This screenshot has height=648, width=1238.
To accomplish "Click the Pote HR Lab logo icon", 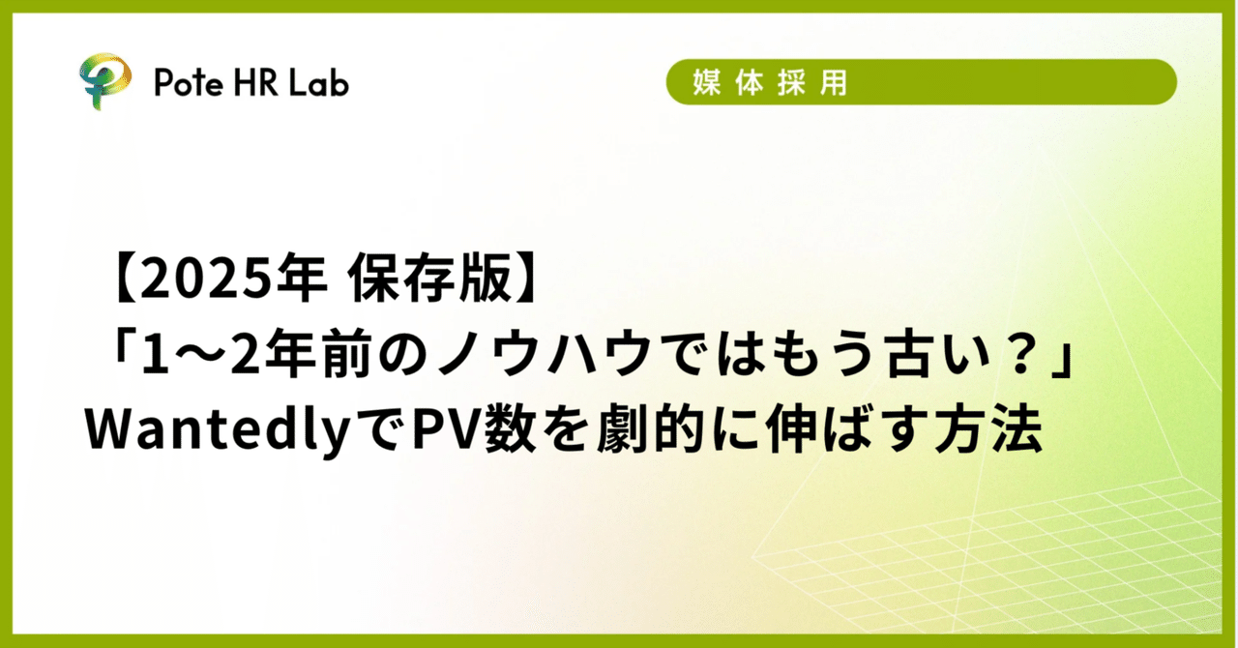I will click(103, 83).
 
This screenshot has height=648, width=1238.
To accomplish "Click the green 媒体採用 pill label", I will click(921, 82).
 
